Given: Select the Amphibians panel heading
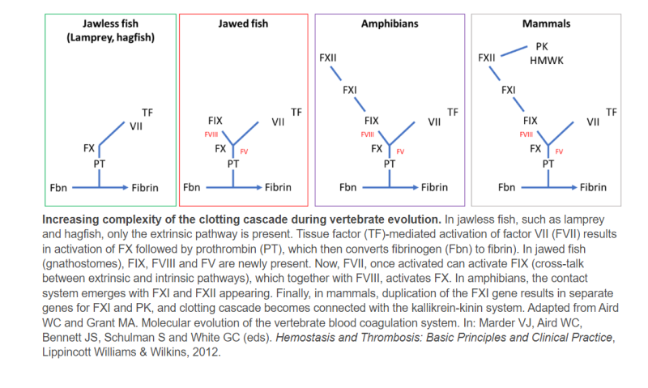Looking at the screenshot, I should coord(390,24).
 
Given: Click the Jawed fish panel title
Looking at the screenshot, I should coord(243,24).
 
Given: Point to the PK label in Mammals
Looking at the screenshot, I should coord(542,47).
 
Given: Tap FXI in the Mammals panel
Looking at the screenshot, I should coord(508,90).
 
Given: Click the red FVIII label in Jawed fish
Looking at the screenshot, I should coord(212,134).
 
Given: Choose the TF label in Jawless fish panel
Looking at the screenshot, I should coord(147,111).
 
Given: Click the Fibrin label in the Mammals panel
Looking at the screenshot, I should coord(593,187).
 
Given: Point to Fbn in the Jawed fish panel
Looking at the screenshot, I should coord(192,187).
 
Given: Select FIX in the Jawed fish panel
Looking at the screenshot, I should coord(216,120).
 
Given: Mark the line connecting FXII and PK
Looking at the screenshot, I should coord(515,50).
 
